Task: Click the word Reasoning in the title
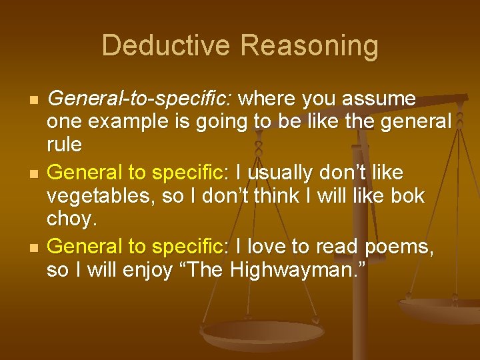tap(309, 46)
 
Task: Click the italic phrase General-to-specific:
tap(140, 99)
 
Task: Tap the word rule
tap(65, 144)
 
